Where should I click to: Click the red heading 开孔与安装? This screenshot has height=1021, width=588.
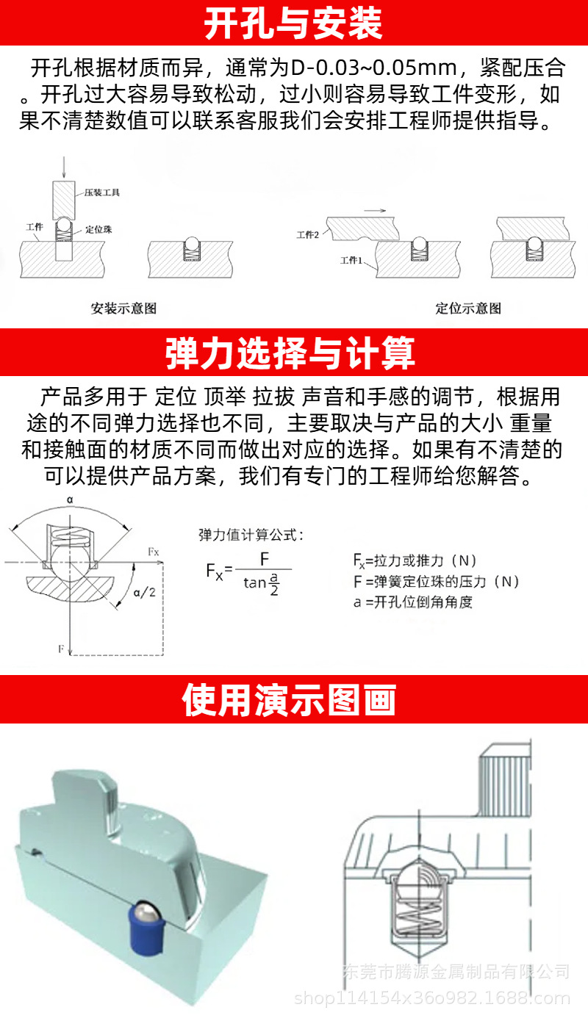[x=293, y=24]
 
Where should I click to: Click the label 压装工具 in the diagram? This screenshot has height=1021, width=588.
[x=102, y=192]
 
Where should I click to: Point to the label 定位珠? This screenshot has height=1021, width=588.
[x=98, y=230]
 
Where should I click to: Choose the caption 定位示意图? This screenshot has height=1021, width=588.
[x=468, y=309]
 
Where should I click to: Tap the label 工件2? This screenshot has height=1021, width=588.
[x=307, y=235]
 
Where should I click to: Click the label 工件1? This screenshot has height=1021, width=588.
[x=351, y=261]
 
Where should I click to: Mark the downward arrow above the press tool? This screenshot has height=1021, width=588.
[x=64, y=166]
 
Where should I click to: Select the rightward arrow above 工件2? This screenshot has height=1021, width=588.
[x=375, y=210]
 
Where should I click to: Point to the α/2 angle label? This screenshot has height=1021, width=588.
[x=143, y=592]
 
